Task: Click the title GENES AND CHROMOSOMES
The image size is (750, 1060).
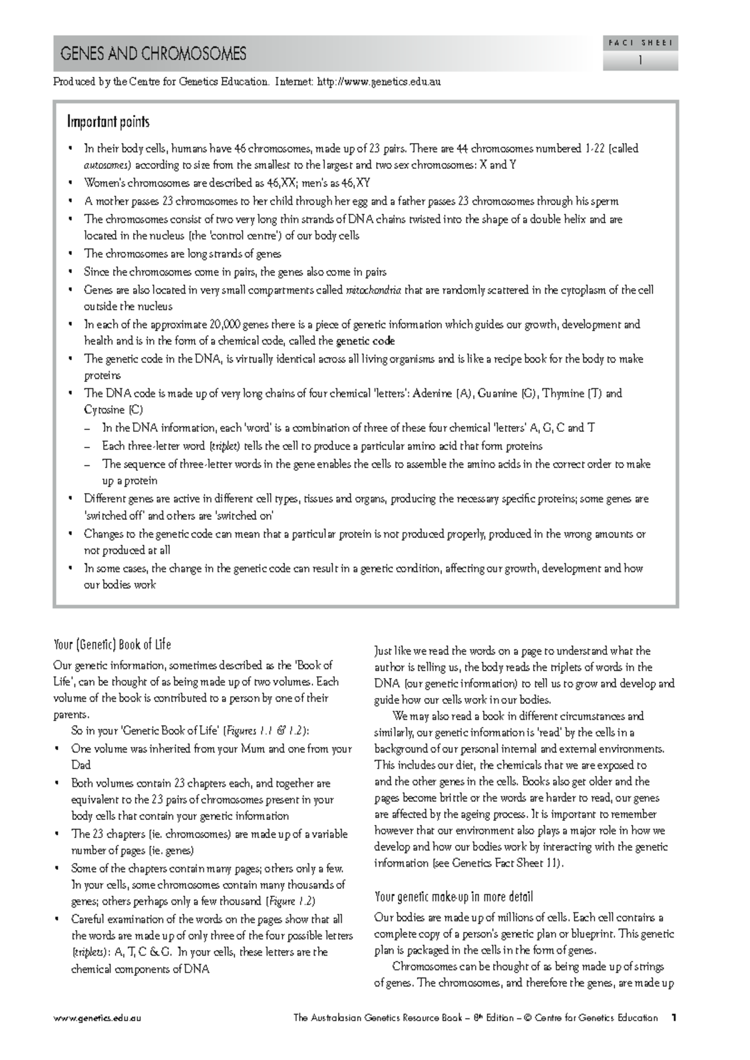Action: tap(153, 54)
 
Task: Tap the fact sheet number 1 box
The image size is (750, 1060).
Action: tap(640, 61)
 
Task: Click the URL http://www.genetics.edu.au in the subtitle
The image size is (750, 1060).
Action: tap(379, 82)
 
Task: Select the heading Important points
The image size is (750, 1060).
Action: tap(108, 122)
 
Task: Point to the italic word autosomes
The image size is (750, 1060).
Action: tap(107, 166)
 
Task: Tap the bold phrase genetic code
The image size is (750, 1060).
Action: tap(365, 341)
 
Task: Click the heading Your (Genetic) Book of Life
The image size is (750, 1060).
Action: tap(112, 644)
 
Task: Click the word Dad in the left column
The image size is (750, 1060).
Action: tap(81, 765)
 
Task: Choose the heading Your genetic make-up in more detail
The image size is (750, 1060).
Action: tap(453, 897)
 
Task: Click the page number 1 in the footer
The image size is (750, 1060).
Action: tap(674, 1017)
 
